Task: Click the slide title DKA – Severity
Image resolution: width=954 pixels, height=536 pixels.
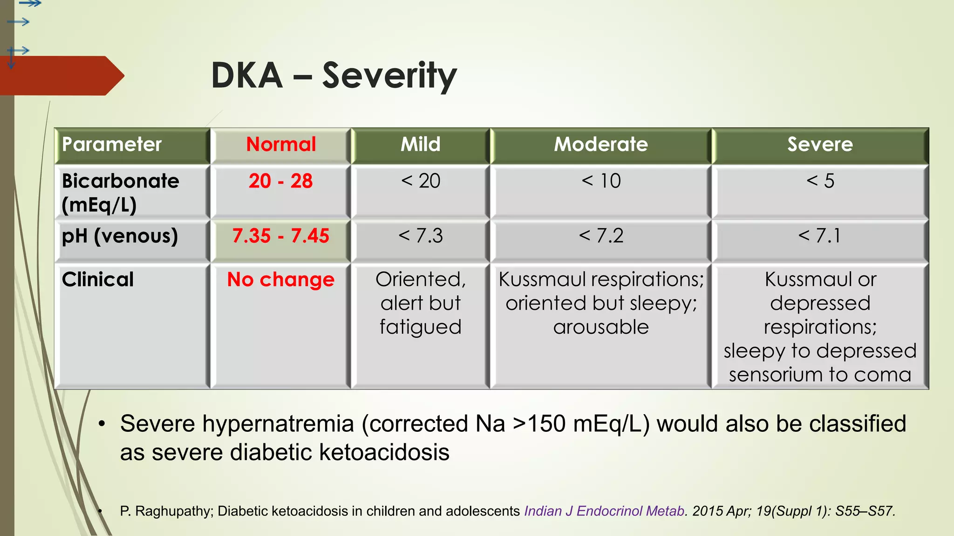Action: [334, 75]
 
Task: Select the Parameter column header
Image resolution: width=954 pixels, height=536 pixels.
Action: [112, 144]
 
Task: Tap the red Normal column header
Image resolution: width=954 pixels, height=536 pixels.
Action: [281, 144]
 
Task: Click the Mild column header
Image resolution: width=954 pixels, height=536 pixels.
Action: [420, 144]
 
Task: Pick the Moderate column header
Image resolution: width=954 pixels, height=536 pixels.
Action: [600, 144]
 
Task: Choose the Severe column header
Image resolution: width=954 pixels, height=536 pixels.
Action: [820, 144]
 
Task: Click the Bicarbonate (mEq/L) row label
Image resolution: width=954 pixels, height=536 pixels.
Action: [120, 192]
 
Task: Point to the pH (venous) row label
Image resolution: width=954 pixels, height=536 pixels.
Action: [120, 236]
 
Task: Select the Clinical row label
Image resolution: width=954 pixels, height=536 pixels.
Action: [98, 280]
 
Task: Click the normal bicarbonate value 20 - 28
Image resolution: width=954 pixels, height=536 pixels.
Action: [280, 181]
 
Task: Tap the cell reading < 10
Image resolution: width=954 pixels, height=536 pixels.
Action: [601, 181]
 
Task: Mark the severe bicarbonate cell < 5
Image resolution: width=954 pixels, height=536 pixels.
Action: [820, 181]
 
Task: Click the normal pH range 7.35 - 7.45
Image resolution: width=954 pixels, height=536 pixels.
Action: [280, 236]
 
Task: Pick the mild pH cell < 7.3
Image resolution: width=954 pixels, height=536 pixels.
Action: [420, 236]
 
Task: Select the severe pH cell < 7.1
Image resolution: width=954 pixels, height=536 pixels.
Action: [820, 236]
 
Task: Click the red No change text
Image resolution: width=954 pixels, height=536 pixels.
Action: [280, 280]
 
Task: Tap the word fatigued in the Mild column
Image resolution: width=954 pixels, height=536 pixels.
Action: [420, 327]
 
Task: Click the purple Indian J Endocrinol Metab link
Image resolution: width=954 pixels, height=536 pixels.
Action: [604, 511]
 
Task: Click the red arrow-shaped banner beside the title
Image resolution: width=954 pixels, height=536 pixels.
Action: [61, 76]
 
